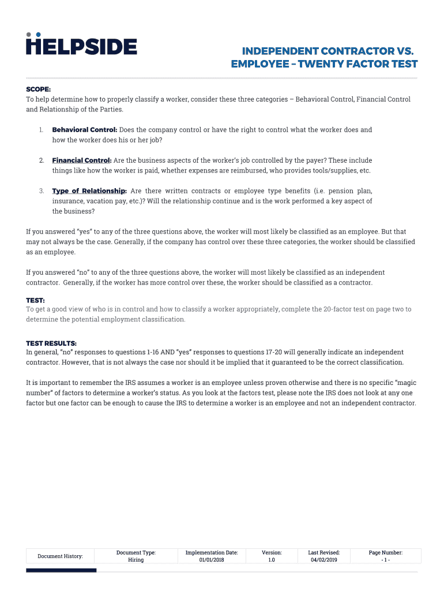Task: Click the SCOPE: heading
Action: tap(39, 89)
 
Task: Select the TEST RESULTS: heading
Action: tap(51, 343)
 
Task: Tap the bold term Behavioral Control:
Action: tap(85, 130)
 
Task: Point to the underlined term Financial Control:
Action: tap(82, 160)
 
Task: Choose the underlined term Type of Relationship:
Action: tap(89, 190)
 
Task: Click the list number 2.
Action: tap(42, 160)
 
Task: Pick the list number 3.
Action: tap(42, 190)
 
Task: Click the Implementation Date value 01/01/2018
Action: tap(212, 560)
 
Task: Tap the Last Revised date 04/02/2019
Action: tap(323, 560)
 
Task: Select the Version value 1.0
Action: tap(272, 560)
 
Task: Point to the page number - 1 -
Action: tap(386, 560)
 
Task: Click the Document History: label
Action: tap(60, 556)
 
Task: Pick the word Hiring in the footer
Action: tap(136, 560)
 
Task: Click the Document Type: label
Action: tap(136, 552)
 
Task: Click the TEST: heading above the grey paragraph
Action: tap(35, 300)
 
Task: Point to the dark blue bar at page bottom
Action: tap(61, 570)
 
